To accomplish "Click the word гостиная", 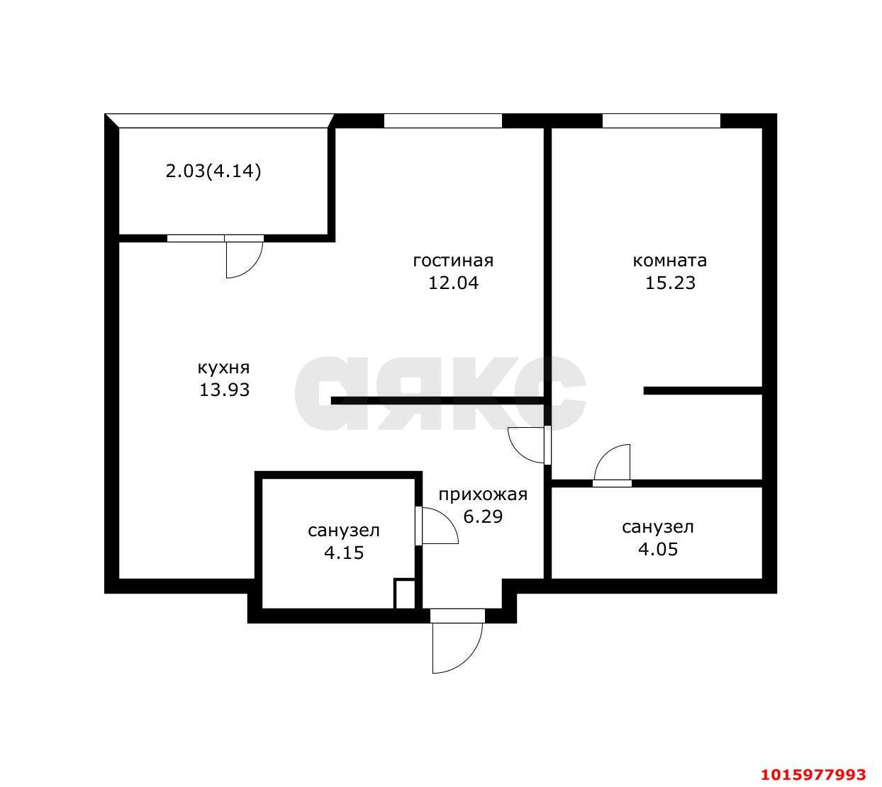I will click(x=453, y=261).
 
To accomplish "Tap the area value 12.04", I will click(x=453, y=283).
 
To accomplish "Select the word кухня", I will click(x=223, y=368).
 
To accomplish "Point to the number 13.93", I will click(x=224, y=390).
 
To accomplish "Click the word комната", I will click(x=669, y=261).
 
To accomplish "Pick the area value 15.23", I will click(x=669, y=283).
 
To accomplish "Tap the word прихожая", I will click(x=482, y=494).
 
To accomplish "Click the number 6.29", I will click(x=483, y=516).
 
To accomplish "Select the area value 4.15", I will click(x=344, y=553).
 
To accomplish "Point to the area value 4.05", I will click(x=658, y=549).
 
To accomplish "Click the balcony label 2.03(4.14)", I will click(x=213, y=171).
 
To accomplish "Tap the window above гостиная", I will click(x=442, y=121).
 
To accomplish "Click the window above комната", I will click(x=661, y=121).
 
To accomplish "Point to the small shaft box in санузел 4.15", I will click(x=405, y=594).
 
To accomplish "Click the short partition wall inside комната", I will click(x=702, y=390).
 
